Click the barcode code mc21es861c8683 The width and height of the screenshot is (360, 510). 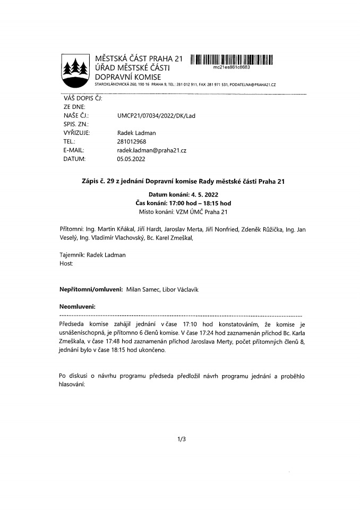coord(231,67)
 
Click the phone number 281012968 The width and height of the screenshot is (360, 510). coord(131,142)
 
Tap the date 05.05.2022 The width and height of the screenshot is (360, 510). coord(131,159)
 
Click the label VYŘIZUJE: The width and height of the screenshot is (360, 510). coord(76,133)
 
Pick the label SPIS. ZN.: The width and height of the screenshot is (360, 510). coord(75,124)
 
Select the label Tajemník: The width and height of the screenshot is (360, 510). coord(72,255)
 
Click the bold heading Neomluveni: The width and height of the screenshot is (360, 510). coord(77,307)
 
